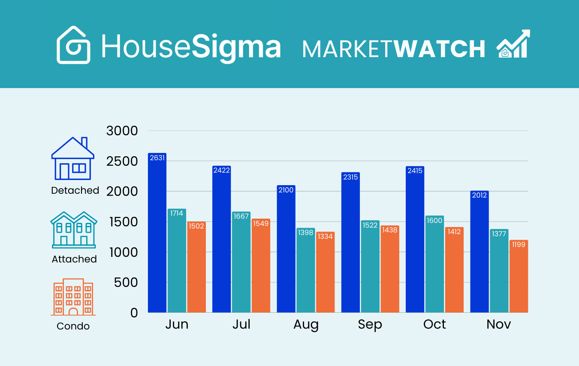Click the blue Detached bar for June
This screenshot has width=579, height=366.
(x=157, y=234)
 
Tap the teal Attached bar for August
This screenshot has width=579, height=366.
(x=305, y=271)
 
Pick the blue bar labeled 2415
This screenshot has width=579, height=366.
(x=415, y=241)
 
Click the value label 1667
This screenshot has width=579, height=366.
(x=241, y=217)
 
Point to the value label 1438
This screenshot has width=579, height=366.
(x=389, y=230)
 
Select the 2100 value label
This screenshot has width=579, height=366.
(x=286, y=190)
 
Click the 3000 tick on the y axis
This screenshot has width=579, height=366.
(x=122, y=131)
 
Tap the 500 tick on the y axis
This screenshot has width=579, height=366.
(x=126, y=282)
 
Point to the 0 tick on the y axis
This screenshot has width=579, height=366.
(x=134, y=313)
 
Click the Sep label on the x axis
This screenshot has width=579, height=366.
(x=370, y=324)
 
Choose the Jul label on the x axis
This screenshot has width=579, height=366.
(x=241, y=324)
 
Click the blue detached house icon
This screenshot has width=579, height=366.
(x=73, y=159)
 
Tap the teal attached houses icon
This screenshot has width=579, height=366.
(x=74, y=229)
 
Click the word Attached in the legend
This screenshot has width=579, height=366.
(x=74, y=259)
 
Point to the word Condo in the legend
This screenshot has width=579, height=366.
(x=73, y=326)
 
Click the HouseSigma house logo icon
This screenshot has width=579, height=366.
(x=74, y=45)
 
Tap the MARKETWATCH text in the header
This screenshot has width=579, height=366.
(x=394, y=49)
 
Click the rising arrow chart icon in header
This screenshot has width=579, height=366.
(x=513, y=44)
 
